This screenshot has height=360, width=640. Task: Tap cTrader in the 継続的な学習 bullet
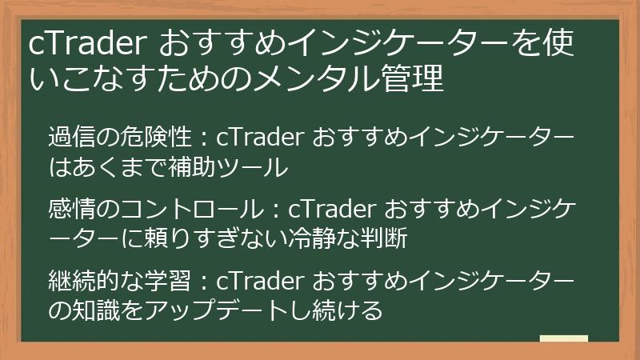point(261,280)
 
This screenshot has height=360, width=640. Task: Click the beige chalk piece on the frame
point(563,338)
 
